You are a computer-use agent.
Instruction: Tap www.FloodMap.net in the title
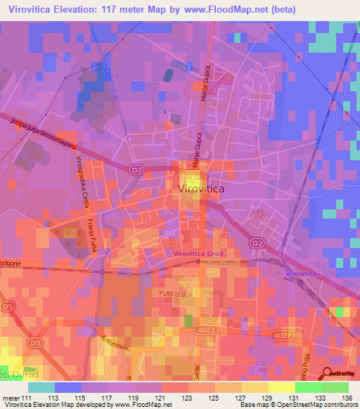tap(231, 10)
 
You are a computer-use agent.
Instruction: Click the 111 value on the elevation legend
tap(27, 396)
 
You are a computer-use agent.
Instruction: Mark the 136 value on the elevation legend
tap(340, 396)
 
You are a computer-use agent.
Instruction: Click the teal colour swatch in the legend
tap(41, 387)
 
